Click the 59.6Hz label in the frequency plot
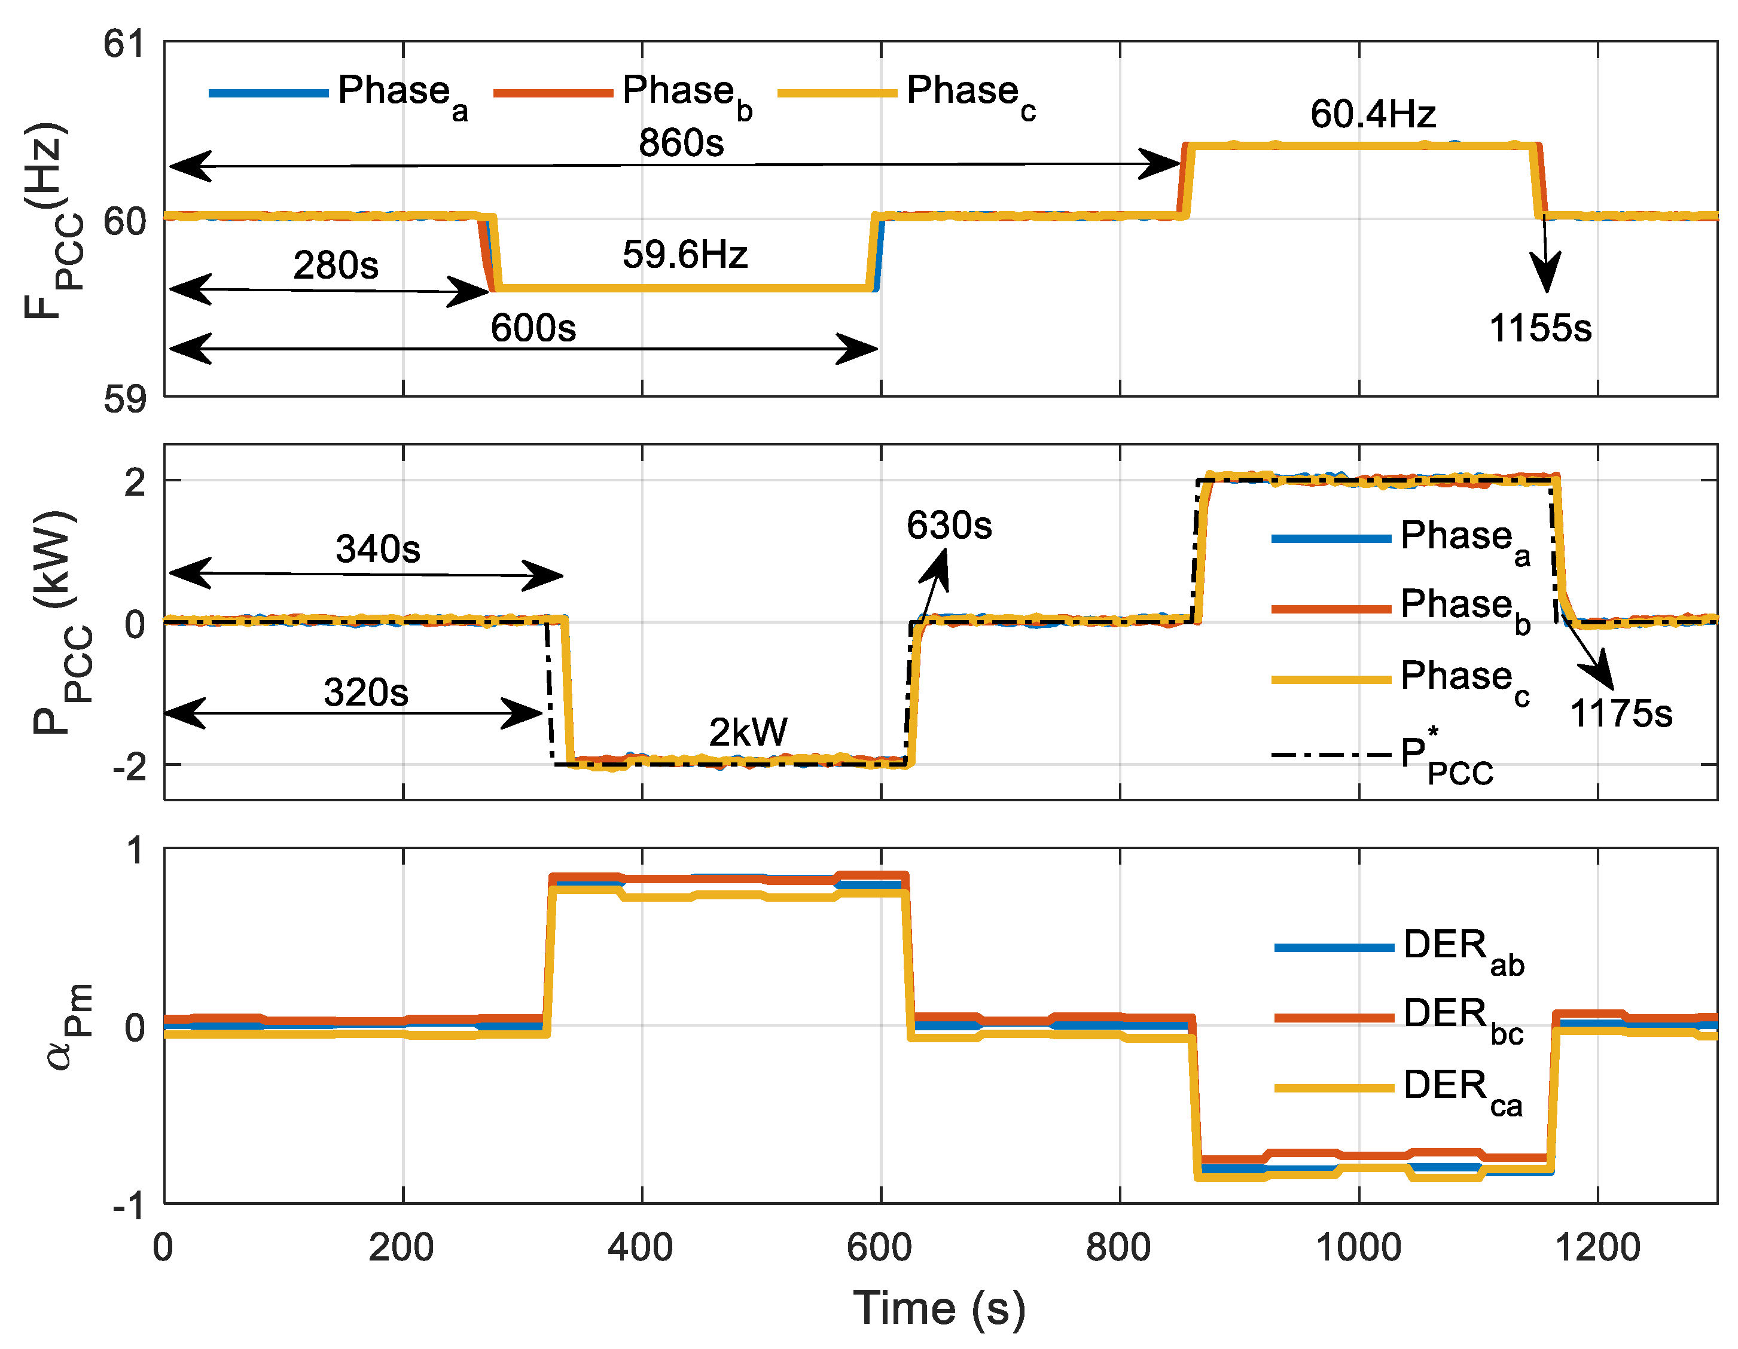[684, 255]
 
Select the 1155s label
[1540, 328]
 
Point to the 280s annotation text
[335, 265]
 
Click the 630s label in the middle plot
[949, 525]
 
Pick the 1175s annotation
[1620, 713]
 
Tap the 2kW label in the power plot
[748, 732]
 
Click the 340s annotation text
[377, 549]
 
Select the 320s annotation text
[365, 692]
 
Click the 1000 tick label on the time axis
[1358, 1247]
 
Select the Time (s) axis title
[939, 1308]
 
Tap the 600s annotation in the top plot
[532, 328]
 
